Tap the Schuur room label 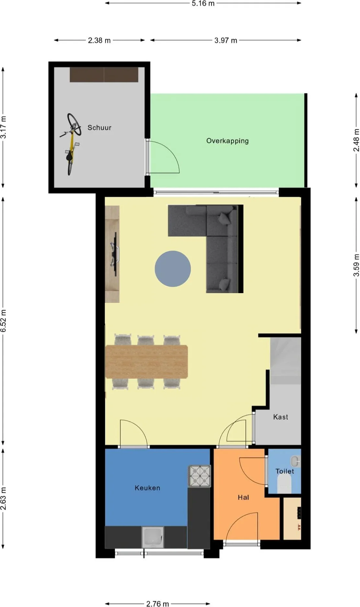99,127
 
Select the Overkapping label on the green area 227,141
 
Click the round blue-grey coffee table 173,269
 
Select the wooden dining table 146,362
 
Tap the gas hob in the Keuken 200,476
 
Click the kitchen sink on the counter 153,537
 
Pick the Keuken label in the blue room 147,488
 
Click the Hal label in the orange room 243,497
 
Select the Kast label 281,417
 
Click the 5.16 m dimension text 203,4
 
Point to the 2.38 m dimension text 99,41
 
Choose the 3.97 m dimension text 226,41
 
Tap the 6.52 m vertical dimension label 4,321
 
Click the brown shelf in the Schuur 104,75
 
